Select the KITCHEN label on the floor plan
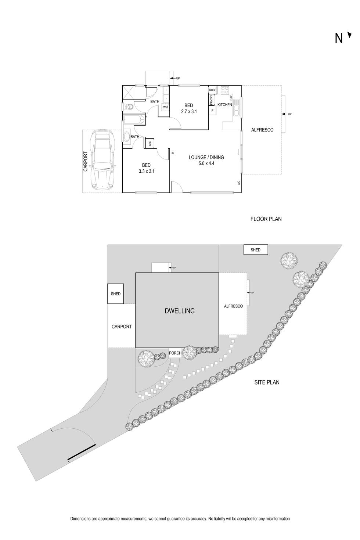tap(225, 105)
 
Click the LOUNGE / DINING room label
tap(206, 157)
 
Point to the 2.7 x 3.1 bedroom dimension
tap(189, 111)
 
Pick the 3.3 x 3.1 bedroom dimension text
tap(146, 171)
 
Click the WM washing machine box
tap(165, 107)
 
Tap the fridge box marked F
tap(212, 110)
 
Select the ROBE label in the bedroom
tap(212, 90)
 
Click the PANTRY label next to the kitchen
tap(212, 99)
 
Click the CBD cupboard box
tap(150, 143)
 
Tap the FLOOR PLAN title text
tap(266, 219)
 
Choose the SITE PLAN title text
tap(267, 382)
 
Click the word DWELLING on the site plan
tap(180, 311)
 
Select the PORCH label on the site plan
tap(175, 353)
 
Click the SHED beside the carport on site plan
tap(116, 294)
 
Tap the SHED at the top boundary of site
tap(256, 250)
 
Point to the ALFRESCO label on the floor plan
tap(262, 130)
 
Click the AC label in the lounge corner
tap(238, 182)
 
